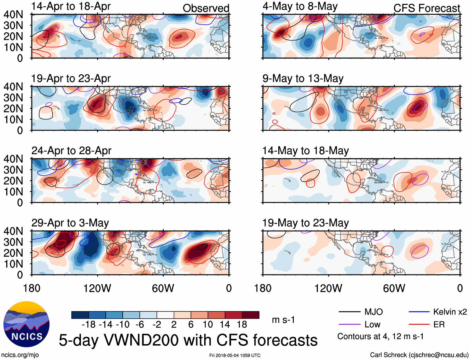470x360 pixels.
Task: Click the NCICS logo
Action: [26, 324]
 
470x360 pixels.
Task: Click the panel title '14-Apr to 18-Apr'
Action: [71, 6]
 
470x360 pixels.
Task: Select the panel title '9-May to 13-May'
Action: [303, 78]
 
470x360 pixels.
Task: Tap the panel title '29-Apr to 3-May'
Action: [70, 223]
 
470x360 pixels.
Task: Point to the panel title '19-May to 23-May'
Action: [305, 223]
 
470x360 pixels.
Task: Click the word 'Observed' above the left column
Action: [206, 8]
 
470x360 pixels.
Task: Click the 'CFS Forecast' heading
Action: [426, 8]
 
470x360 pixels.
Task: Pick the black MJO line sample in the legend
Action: [349, 312]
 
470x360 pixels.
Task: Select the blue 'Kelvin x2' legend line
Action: [419, 312]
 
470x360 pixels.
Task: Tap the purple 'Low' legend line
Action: [349, 325]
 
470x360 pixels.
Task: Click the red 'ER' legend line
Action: [419, 325]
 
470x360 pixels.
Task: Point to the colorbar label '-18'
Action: [89, 325]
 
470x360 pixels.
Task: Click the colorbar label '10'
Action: [208, 325]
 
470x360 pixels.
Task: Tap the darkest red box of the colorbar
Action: [251, 315]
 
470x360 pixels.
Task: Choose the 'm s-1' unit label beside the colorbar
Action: [283, 320]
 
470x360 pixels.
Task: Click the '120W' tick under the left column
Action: [97, 288]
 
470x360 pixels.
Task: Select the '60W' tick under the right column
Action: [394, 288]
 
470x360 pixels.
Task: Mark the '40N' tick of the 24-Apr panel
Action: [13, 159]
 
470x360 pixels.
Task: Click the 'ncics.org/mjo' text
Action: [20, 355]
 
